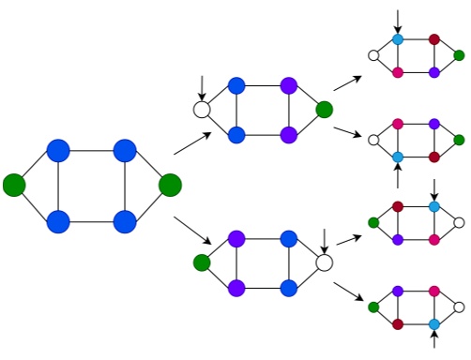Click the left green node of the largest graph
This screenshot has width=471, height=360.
[x=13, y=185]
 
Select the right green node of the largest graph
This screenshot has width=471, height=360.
[x=170, y=185]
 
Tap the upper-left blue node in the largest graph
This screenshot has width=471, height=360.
[x=58, y=150]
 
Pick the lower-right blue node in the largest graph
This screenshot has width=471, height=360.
[x=125, y=221]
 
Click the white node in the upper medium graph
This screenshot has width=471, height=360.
[x=201, y=110]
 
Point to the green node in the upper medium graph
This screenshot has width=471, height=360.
[x=325, y=110]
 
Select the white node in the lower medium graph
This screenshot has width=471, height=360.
[x=325, y=262]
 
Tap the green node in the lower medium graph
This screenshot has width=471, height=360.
[x=201, y=262]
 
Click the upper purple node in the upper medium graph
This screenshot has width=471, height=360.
[x=288, y=85]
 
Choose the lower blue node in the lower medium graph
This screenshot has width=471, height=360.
[x=288, y=287]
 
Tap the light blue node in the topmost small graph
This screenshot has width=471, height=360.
[x=398, y=40]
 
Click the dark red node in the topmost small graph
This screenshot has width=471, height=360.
[x=434, y=40]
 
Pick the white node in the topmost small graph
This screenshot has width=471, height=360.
[x=373, y=56]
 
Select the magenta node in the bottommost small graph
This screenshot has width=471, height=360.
[x=434, y=292]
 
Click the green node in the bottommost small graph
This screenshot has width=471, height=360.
[x=373, y=307]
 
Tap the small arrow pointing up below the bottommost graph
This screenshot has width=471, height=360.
[x=434, y=341]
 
